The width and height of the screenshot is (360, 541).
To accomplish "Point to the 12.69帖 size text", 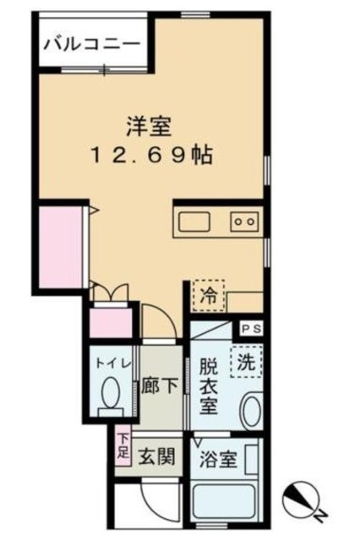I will point(153,156).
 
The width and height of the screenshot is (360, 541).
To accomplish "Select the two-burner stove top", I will point(244,221).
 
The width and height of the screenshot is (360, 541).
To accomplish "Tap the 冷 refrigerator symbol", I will point(208,295).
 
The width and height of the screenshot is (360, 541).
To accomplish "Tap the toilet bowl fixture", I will point(111,396).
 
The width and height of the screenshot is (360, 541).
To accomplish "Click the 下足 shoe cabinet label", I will point(123,446).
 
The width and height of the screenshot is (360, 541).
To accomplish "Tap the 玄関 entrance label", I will point(157,459).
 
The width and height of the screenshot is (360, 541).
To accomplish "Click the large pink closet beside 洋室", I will point(63,245).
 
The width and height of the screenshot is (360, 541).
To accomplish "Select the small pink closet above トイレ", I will point(110,325).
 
